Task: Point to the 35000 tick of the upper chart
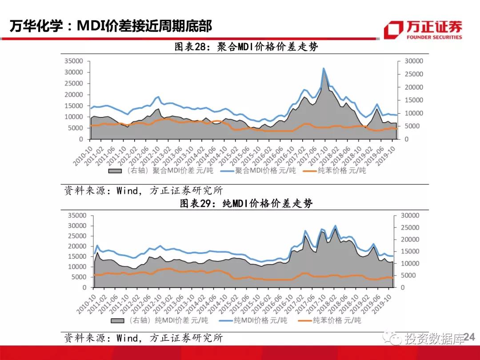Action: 74,61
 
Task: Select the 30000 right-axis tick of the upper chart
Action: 413,61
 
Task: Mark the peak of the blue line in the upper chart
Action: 324,69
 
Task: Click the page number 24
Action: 469,338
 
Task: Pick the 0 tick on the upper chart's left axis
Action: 81,139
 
